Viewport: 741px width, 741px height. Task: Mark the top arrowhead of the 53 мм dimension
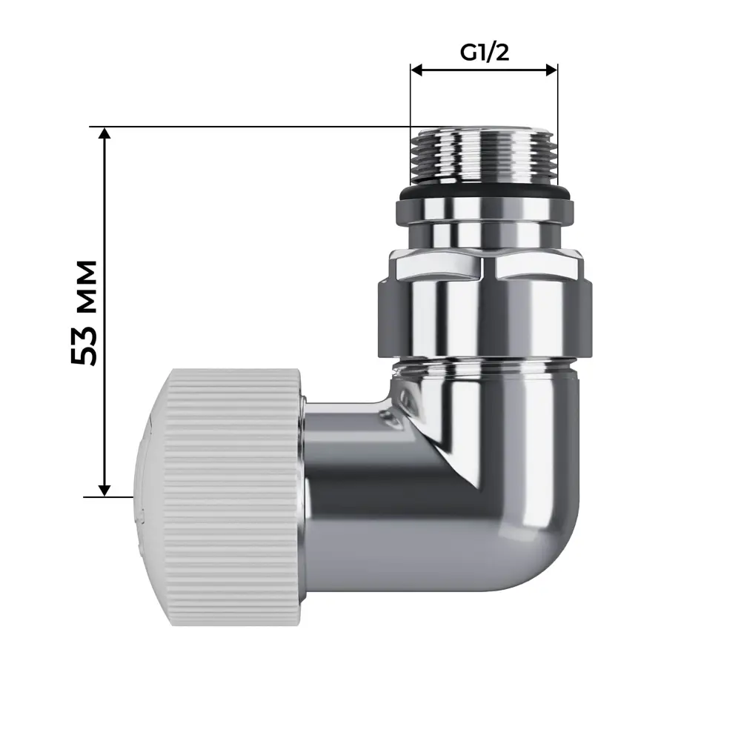pos(104,133)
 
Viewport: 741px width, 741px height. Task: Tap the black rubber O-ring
pos(483,194)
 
